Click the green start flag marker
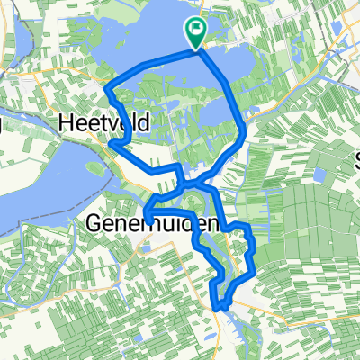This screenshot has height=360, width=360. click(x=195, y=32)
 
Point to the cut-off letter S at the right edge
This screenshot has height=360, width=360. click(x=357, y=163)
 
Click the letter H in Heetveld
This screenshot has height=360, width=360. click(x=66, y=121)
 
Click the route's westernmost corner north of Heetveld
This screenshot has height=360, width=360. click(x=107, y=88)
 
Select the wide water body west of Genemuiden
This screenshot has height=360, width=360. click(x=36, y=198)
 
